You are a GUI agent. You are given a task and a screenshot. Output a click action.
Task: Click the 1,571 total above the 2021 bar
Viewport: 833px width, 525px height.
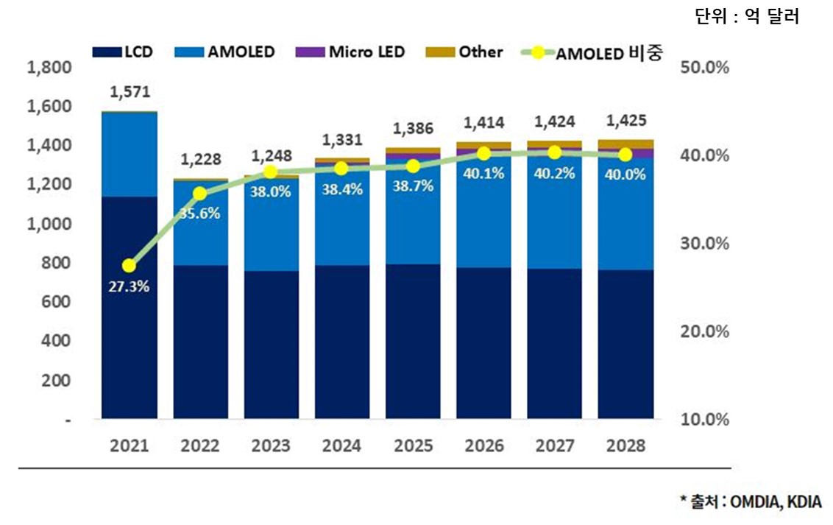coord(130,92)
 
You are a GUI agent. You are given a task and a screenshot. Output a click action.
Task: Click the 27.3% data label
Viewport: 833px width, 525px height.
coord(130,286)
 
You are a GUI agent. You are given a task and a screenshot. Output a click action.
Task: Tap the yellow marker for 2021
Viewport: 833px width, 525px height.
coord(130,265)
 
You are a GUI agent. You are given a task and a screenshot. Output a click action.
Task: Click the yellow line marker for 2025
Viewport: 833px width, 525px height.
coord(414,166)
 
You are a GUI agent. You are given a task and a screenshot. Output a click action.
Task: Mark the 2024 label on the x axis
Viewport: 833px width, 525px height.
coord(342,445)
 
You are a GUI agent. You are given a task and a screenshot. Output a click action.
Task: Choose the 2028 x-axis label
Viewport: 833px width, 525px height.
coord(626,445)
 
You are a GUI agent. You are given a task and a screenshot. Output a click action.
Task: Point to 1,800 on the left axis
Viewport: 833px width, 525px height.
coord(49,68)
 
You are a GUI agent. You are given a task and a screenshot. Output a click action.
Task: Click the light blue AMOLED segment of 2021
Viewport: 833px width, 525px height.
coord(130,155)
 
